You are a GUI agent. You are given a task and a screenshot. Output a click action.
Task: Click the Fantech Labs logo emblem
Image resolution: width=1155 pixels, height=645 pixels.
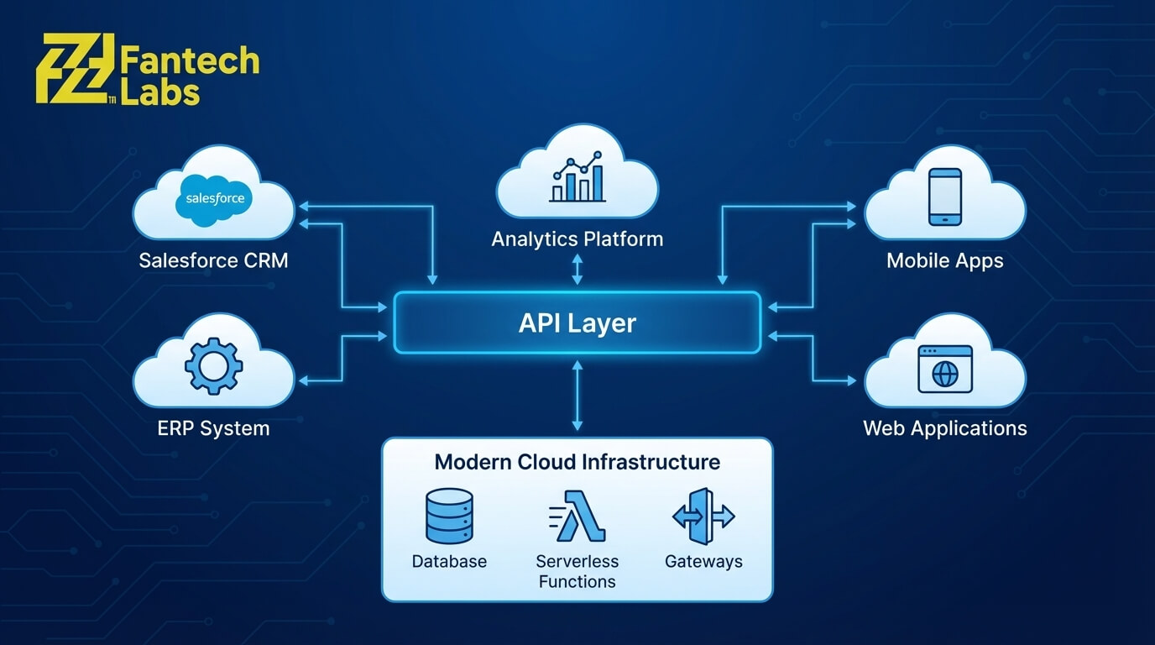pyautogui.click(x=75, y=69)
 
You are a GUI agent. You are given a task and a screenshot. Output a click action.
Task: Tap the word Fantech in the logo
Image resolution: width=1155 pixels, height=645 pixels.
pyautogui.click(x=190, y=61)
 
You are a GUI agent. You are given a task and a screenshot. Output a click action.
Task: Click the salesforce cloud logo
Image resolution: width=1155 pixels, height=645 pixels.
pyautogui.click(x=215, y=198)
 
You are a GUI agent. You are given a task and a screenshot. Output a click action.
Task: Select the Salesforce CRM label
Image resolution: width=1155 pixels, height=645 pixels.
pyautogui.click(x=213, y=260)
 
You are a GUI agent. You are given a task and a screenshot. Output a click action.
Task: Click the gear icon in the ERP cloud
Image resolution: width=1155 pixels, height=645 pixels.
pyautogui.click(x=213, y=366)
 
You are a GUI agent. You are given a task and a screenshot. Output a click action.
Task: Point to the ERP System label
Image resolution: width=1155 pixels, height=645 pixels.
pyautogui.click(x=213, y=428)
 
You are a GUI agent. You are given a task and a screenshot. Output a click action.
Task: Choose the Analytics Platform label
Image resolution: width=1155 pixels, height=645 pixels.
pyautogui.click(x=577, y=239)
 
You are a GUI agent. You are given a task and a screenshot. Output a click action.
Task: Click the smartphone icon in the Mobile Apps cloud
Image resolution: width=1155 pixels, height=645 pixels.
pyautogui.click(x=945, y=197)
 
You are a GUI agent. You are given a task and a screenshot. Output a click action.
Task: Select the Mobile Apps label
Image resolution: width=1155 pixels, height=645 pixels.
pyautogui.click(x=944, y=260)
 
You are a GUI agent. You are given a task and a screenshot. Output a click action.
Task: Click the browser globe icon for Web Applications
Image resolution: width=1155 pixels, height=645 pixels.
pyautogui.click(x=945, y=369)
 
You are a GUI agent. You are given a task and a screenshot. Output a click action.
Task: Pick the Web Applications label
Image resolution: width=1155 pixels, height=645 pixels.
pyautogui.click(x=944, y=428)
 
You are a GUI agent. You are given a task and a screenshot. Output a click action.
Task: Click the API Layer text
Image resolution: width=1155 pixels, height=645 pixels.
pyautogui.click(x=577, y=323)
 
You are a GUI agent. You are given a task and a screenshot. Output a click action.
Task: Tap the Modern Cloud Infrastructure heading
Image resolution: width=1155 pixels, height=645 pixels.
pyautogui.click(x=577, y=462)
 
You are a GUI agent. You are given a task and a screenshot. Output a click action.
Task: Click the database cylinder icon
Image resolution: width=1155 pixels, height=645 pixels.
pyautogui.click(x=449, y=517)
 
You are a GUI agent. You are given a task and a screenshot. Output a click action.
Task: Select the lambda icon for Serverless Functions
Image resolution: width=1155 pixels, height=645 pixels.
pyautogui.click(x=577, y=517)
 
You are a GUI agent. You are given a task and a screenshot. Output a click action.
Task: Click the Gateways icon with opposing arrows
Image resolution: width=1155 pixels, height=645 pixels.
pyautogui.click(x=703, y=517)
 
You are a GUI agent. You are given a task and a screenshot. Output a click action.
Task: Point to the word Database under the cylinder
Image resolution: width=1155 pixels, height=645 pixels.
pyautogui.click(x=449, y=561)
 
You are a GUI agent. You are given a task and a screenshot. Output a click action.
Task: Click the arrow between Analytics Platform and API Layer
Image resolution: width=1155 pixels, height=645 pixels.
pyautogui.click(x=577, y=270)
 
